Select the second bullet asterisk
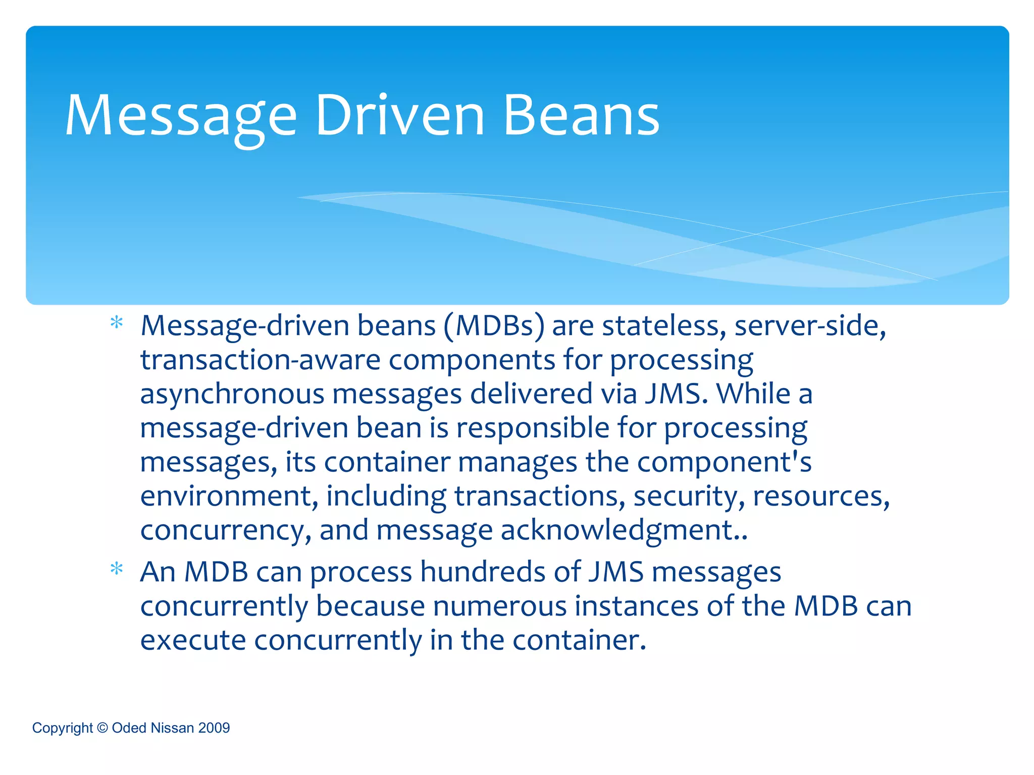[x=117, y=569]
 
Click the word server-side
[x=810, y=326]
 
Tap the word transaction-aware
[x=260, y=360]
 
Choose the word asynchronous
[x=232, y=395]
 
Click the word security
[x=689, y=496]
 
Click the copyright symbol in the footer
[x=102, y=728]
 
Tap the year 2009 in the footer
[x=214, y=728]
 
